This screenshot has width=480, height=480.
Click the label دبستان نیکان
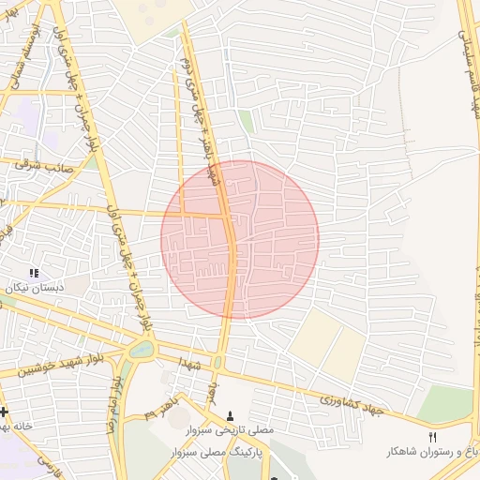(x=35, y=288)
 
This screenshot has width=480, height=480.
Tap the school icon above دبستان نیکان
(x=35, y=273)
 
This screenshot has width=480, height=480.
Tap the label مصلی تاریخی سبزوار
(x=232, y=429)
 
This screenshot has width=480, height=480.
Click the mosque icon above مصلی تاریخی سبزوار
(x=232, y=415)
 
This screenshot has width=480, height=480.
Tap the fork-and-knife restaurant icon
(x=432, y=437)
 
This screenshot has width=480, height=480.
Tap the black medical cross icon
(x=4, y=411)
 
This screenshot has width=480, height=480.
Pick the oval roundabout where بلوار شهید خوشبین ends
(x=142, y=350)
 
